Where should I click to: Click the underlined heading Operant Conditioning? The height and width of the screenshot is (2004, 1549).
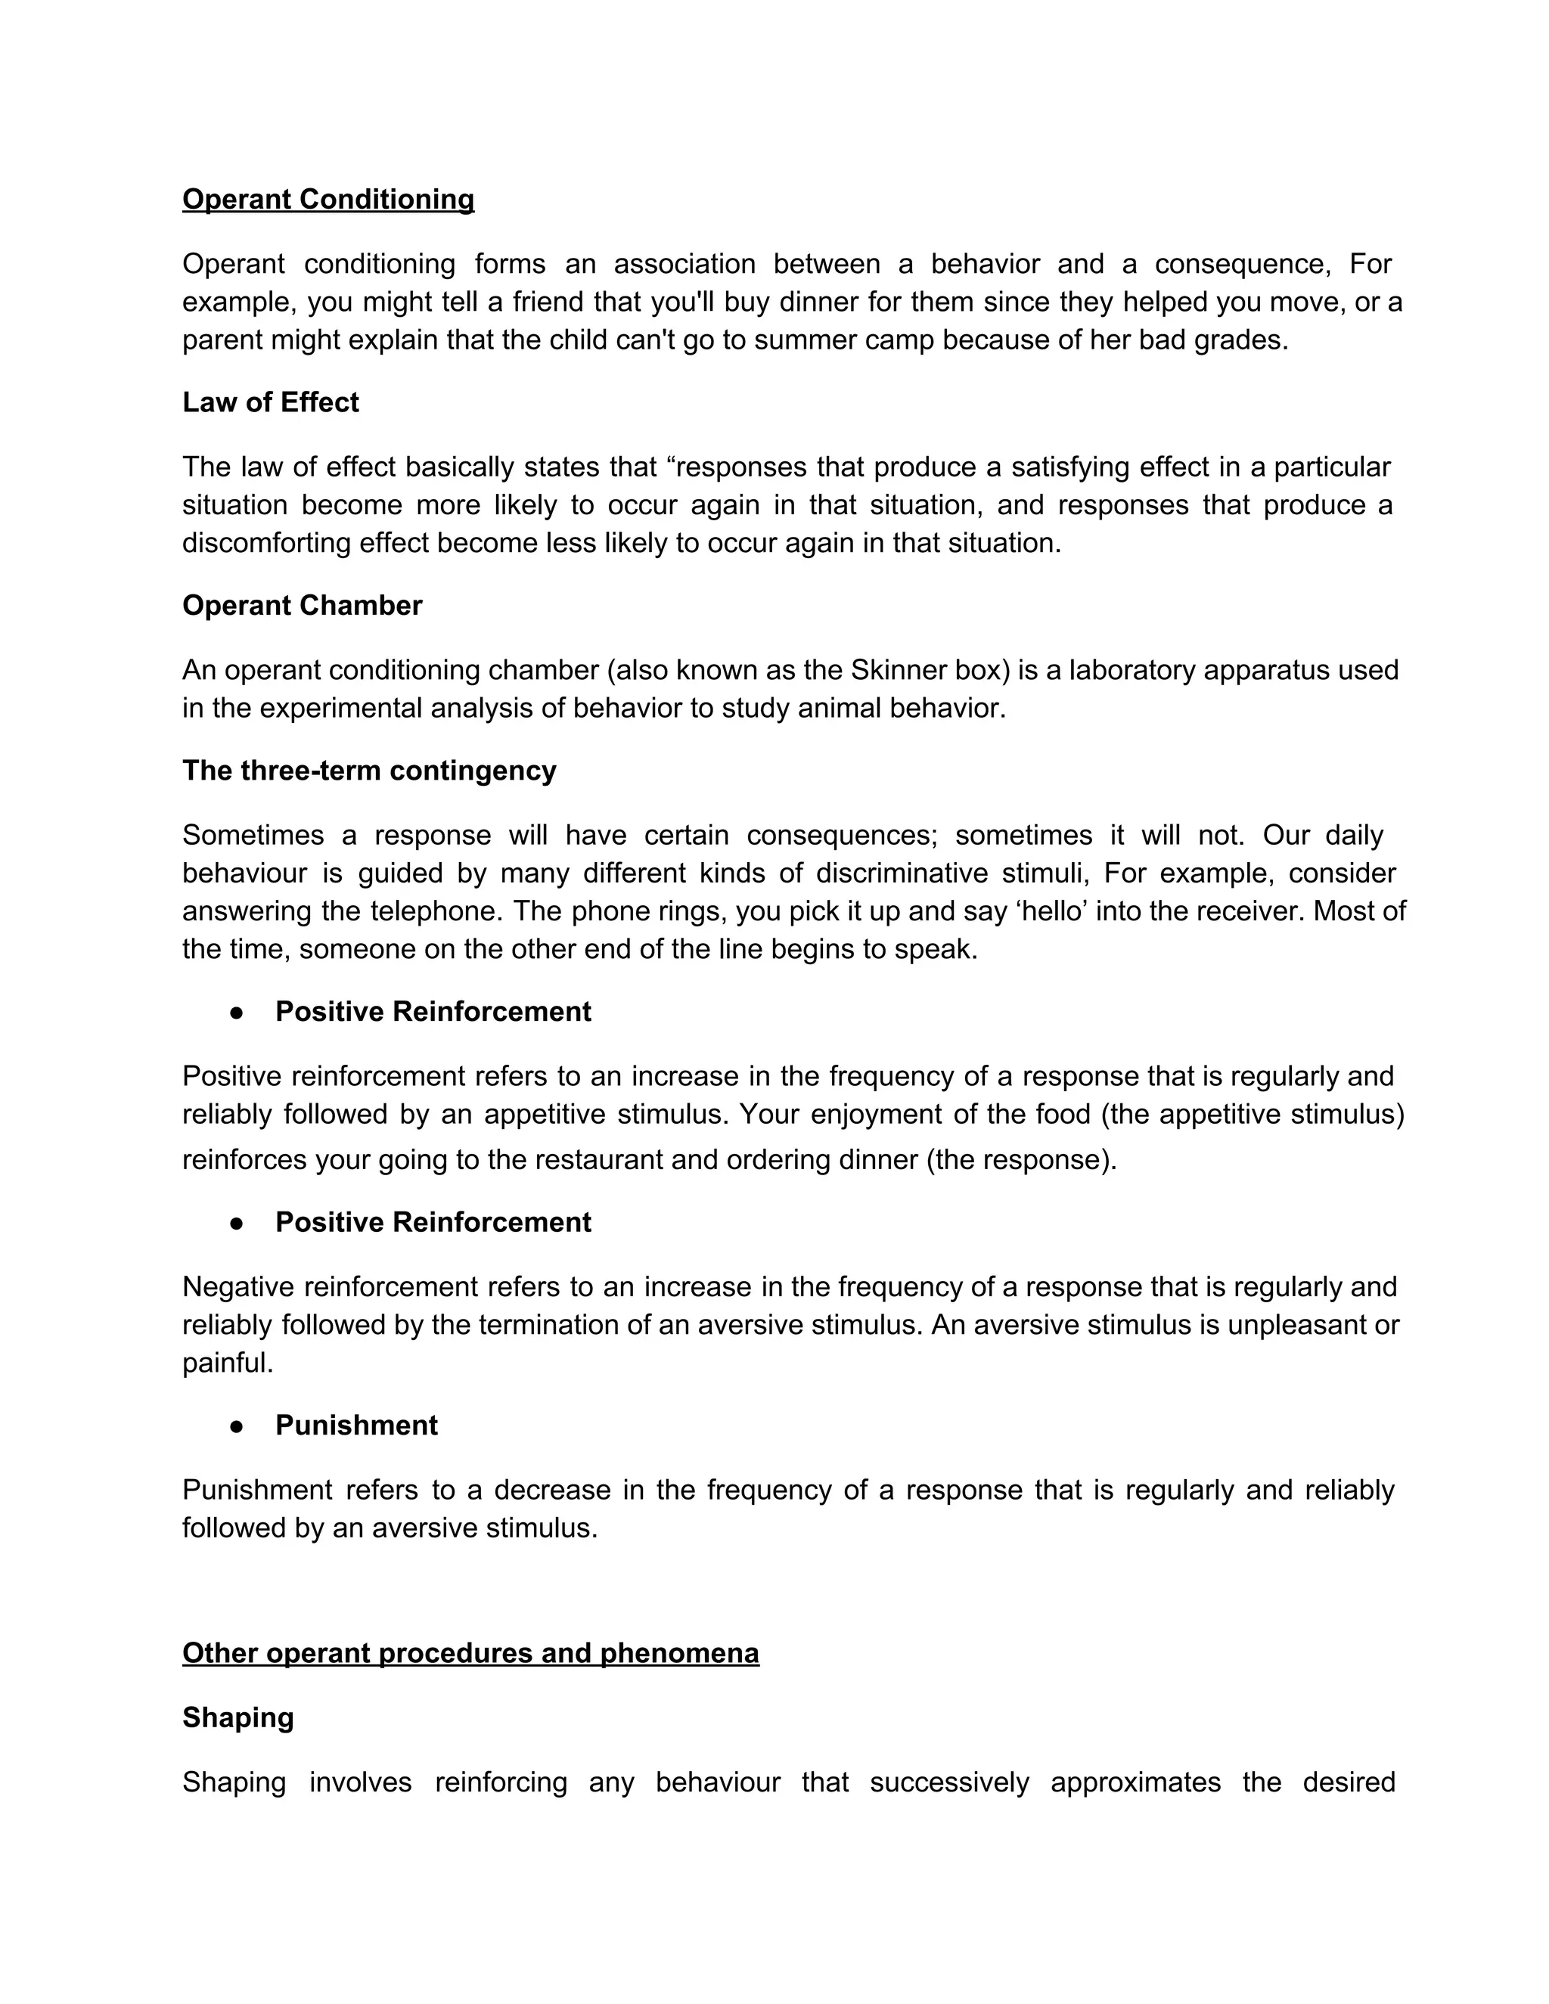click(327, 199)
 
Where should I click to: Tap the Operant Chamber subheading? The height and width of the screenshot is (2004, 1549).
click(302, 606)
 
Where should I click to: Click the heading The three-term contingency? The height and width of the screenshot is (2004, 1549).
click(369, 770)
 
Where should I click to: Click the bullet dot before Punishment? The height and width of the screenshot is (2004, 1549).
click(237, 1426)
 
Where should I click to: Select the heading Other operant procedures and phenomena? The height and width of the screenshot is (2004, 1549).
click(470, 1652)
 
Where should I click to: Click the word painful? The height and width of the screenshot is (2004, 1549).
click(228, 1363)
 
